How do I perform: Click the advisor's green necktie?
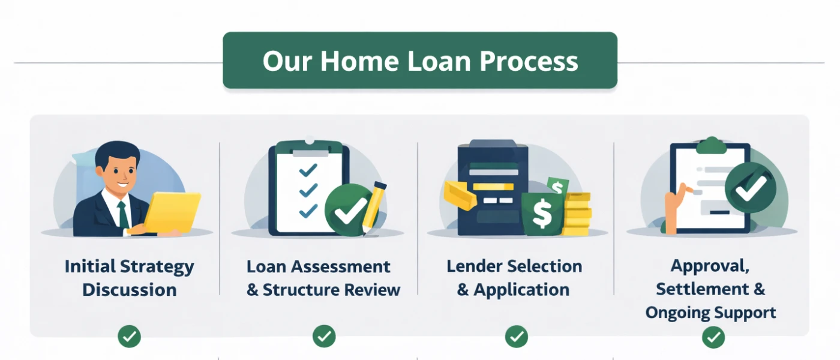pyautogui.click(x=122, y=214)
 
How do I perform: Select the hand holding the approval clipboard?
pyautogui.click(x=673, y=204)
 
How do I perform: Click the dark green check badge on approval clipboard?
pyautogui.click(x=750, y=188)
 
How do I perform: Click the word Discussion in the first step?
pyautogui.click(x=129, y=290)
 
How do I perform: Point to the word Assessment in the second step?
pyautogui.click(x=344, y=266)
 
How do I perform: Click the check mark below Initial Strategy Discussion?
pyautogui.click(x=129, y=337)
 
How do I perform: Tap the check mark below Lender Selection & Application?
pyautogui.click(x=516, y=337)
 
